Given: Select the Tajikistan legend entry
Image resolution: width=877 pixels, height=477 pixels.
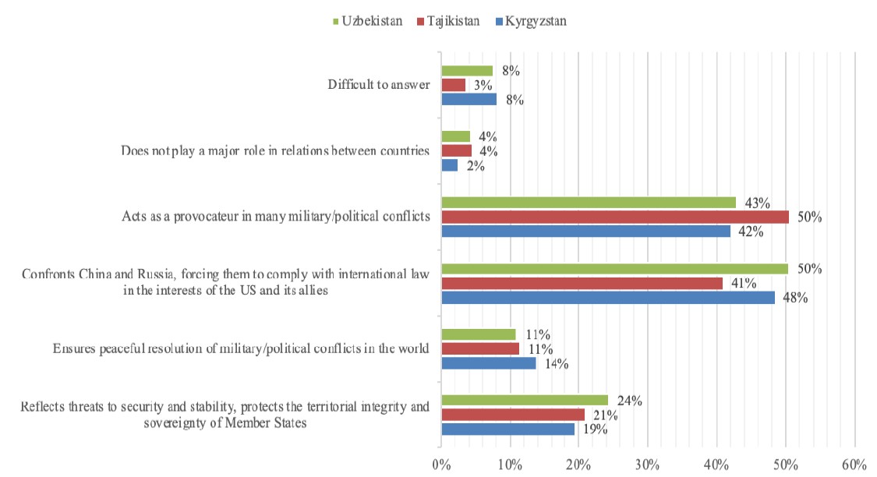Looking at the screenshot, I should [x=454, y=21].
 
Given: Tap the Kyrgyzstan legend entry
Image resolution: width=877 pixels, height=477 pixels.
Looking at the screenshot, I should [x=535, y=21].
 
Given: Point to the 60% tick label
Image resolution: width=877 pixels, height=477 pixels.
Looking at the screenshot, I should [x=854, y=465].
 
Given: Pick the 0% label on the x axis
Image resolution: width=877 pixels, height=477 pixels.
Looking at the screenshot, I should [x=441, y=465].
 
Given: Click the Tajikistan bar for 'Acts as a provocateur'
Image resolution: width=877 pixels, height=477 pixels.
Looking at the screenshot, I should [x=615, y=217].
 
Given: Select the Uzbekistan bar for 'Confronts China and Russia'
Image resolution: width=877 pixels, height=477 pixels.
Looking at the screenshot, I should [x=614, y=269].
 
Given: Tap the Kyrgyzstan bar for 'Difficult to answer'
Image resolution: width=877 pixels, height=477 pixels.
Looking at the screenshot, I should [x=469, y=100].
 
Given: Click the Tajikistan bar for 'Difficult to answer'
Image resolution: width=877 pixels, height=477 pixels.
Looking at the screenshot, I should [x=453, y=85].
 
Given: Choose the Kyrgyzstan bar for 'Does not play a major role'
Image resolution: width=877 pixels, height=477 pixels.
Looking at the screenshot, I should [x=449, y=165].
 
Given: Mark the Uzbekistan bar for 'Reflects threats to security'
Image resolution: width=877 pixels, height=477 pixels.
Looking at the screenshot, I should [x=524, y=400].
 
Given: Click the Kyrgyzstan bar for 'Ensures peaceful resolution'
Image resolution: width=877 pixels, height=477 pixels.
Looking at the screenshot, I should [x=489, y=363].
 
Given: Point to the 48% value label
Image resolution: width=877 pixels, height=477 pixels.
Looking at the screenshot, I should [x=794, y=298].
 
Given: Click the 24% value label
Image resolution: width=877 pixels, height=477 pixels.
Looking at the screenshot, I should [x=628, y=401].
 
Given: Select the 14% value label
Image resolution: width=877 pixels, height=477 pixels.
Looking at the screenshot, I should [x=557, y=364].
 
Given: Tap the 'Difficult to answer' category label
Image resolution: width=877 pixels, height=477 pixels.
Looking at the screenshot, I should [x=379, y=85].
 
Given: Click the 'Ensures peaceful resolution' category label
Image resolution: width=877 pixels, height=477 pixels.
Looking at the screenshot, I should [x=241, y=348].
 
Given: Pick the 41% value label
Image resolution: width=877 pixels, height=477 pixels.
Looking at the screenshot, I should [x=744, y=284].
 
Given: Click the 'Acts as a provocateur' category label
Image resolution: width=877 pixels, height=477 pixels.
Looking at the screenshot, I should [x=276, y=217].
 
